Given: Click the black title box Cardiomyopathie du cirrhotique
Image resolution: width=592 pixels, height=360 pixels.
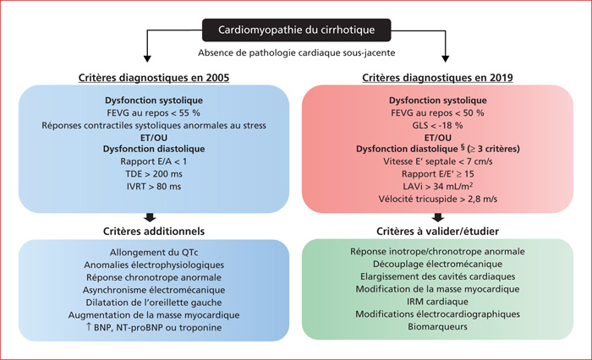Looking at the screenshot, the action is click(296, 30).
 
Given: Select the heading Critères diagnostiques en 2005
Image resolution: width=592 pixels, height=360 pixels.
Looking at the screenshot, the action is click(154, 78).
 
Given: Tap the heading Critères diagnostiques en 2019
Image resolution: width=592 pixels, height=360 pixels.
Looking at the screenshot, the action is click(437, 78).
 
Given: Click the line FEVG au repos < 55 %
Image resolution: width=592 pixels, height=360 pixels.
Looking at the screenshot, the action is click(154, 113).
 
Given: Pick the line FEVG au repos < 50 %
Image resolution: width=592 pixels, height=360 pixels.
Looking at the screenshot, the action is click(437, 113).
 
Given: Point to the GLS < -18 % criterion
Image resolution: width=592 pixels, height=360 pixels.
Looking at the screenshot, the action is click(437, 125).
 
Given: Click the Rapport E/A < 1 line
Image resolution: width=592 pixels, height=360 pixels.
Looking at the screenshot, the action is click(154, 161).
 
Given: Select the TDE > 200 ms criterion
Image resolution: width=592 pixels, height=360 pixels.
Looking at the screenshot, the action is click(154, 174).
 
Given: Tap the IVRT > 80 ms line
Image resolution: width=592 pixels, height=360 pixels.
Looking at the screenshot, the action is click(154, 187).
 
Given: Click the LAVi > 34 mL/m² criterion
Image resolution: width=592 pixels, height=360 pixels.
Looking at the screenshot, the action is click(437, 186).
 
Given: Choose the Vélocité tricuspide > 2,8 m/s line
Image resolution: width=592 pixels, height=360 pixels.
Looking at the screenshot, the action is click(438, 199).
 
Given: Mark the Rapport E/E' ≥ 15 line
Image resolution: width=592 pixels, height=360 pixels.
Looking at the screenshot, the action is click(437, 174).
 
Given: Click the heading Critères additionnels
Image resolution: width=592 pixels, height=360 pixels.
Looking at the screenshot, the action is click(154, 231).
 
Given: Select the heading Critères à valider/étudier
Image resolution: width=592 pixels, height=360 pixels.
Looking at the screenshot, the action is click(437, 231).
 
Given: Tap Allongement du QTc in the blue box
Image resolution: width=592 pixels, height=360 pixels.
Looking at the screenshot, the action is click(154, 253).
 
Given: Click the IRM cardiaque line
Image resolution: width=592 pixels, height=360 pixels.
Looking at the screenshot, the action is click(437, 302).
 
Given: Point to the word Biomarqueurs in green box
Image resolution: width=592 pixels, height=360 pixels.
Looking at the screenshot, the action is click(437, 326).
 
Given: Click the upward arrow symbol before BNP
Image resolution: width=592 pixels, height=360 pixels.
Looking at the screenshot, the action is click(89, 326).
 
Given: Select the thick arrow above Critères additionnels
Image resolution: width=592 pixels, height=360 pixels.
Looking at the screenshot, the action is click(150, 218).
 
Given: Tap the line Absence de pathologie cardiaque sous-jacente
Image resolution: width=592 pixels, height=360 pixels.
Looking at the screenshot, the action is click(296, 53).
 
